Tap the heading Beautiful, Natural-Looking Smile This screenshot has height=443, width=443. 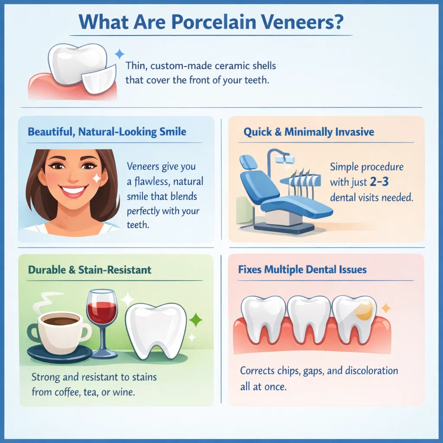pyautogui.click(x=107, y=131)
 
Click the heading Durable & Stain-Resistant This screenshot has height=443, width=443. pyautogui.click(x=90, y=270)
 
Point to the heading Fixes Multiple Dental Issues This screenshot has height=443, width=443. pyautogui.click(x=302, y=270)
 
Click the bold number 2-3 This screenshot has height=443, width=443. pyautogui.click(x=379, y=182)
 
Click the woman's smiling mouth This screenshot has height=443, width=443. pyautogui.click(x=73, y=190)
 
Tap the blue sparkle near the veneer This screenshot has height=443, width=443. pyautogui.click(x=119, y=54)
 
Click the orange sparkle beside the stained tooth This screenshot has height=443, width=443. pyautogui.click(x=386, y=308)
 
